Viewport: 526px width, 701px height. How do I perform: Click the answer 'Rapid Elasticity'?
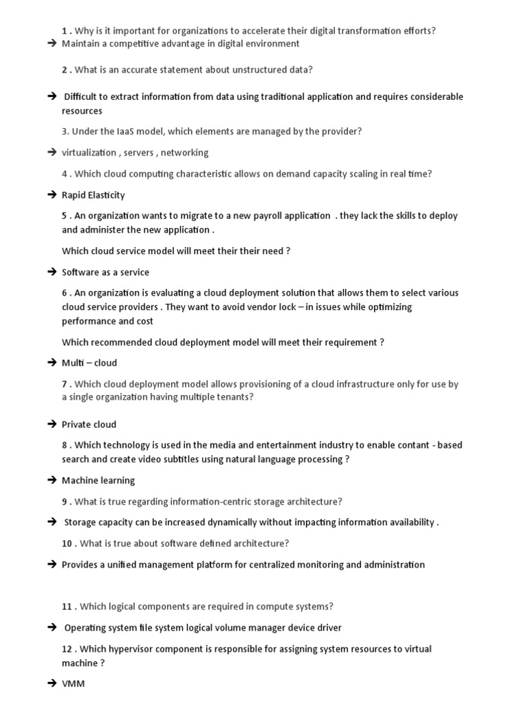[93, 195]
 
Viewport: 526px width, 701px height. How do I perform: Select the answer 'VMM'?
[73, 683]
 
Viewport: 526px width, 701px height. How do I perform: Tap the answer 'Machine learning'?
[98, 481]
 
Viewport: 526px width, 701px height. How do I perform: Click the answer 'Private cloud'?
[89, 424]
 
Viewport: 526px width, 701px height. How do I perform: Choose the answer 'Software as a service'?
[105, 272]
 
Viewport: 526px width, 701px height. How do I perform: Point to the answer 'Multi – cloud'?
[89, 363]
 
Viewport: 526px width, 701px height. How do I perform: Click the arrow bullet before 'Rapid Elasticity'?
[52, 195]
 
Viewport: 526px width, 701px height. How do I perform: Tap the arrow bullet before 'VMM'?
[52, 683]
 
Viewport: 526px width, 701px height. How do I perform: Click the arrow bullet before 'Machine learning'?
[52, 481]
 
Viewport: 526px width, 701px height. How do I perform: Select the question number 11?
[67, 607]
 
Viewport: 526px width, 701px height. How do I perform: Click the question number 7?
[64, 384]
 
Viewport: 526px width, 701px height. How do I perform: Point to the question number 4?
[64, 174]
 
